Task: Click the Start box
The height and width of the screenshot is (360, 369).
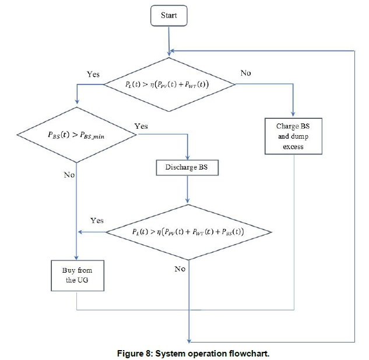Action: [x=169, y=16]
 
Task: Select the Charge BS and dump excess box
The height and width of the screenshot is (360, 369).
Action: [x=293, y=136]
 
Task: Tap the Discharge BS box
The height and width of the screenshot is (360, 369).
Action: [x=187, y=168]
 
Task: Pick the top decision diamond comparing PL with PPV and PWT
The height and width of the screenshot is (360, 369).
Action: [x=169, y=84]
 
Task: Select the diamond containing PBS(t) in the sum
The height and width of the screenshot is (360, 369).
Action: [x=188, y=232]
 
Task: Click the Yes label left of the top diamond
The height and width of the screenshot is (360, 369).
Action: [x=93, y=75]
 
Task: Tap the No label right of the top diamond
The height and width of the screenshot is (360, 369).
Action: [x=246, y=73]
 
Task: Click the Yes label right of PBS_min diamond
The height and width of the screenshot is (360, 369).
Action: [x=140, y=126]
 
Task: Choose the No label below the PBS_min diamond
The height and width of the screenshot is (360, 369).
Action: [x=69, y=175]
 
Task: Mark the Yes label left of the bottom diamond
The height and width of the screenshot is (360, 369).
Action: [x=97, y=221]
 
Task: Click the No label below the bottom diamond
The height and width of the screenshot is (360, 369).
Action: [x=180, y=269]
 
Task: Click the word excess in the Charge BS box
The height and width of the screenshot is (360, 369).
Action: [x=293, y=147]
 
